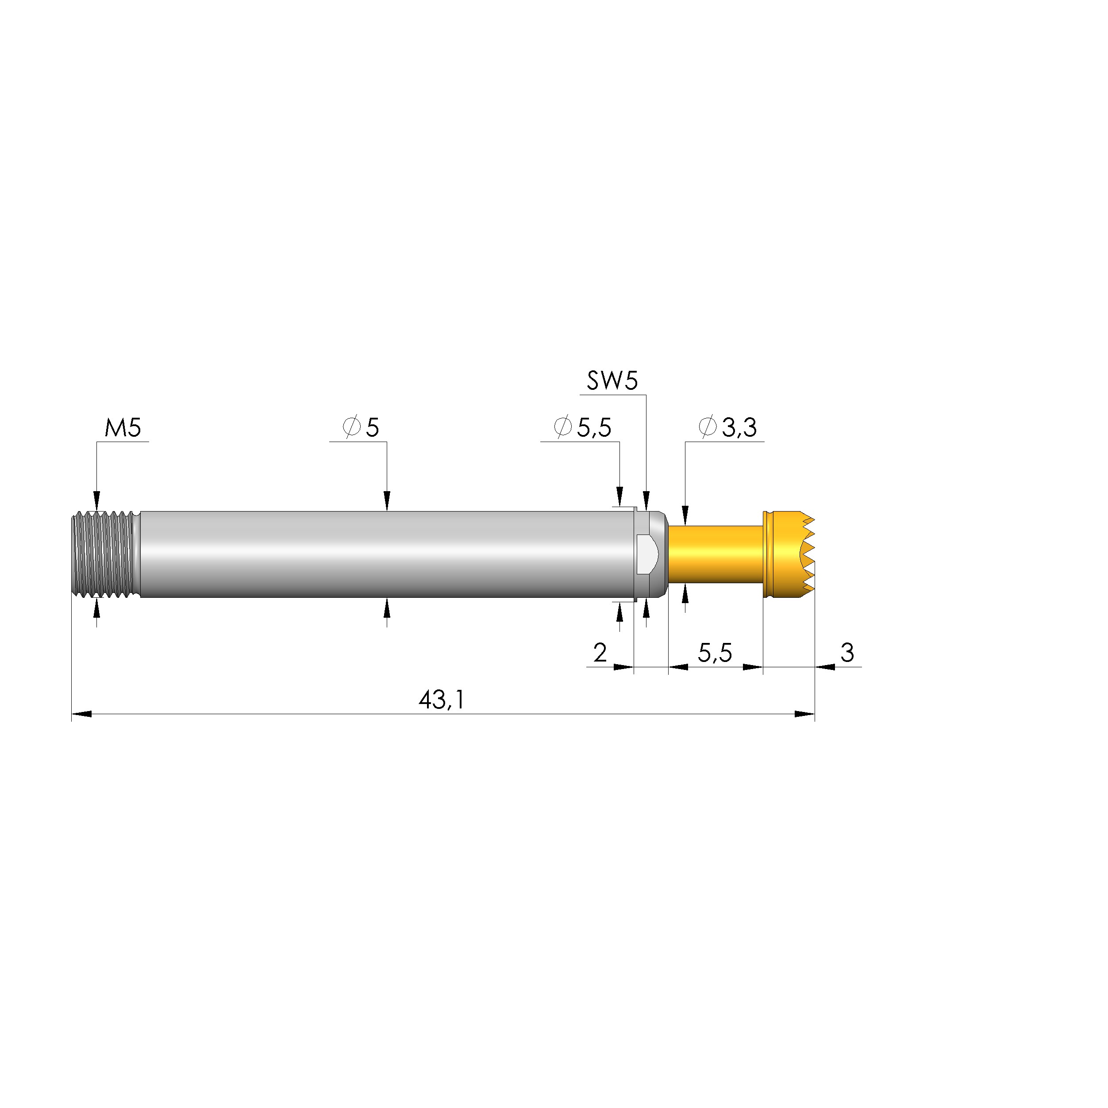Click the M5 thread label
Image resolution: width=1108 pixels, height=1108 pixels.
123,428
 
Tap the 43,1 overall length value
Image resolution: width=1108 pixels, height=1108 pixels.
441,700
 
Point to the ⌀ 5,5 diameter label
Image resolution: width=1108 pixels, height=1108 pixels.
583,428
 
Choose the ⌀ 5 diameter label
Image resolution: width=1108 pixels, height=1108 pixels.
362,428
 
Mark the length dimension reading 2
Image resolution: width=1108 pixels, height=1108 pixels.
600,653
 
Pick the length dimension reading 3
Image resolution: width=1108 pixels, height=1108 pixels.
847,653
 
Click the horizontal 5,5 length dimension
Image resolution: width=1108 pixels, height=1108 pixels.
715,653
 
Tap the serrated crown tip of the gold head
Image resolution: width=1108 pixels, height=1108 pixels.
806,554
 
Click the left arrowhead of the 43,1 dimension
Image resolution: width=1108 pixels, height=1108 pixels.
81,714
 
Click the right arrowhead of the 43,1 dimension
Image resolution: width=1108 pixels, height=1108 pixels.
804,714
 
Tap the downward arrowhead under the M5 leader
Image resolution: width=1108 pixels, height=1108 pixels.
96,500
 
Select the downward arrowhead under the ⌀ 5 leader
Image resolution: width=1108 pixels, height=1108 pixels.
387,500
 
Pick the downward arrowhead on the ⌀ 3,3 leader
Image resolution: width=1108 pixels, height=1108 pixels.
685,515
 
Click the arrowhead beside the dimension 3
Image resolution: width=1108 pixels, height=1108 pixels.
825,667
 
